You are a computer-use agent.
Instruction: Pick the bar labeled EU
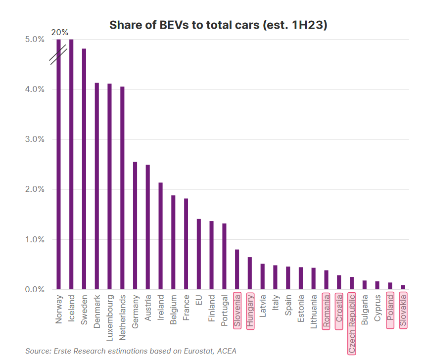click(x=199, y=254)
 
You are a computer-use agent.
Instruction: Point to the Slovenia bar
click(x=237, y=270)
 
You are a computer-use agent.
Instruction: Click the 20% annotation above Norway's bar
click(x=59, y=33)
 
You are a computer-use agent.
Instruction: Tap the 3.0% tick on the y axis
click(x=21, y=139)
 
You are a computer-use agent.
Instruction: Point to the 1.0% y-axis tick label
click(x=21, y=239)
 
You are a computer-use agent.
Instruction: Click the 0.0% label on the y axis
click(x=21, y=289)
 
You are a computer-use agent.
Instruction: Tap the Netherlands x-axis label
click(x=122, y=316)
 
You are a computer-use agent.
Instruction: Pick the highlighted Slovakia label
click(x=403, y=310)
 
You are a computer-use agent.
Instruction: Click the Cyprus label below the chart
click(x=378, y=308)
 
